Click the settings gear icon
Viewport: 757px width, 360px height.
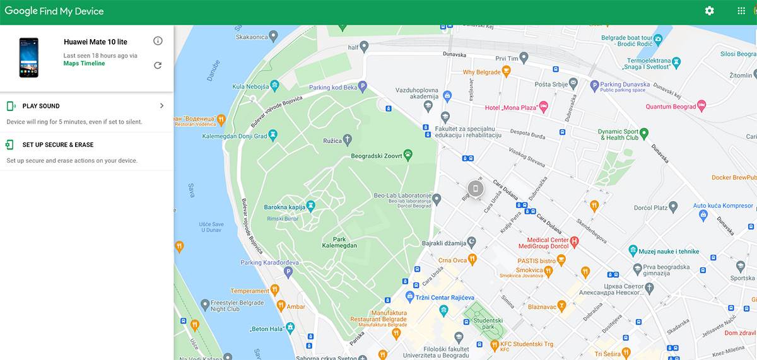pos(710,11)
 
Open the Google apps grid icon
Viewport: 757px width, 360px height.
pos(741,11)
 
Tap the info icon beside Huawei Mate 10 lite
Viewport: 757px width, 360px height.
pos(158,41)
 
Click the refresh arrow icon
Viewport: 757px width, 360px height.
pos(158,65)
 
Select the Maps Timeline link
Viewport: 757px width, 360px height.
pos(84,64)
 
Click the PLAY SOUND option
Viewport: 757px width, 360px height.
pos(41,106)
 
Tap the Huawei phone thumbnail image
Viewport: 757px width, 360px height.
pos(28,57)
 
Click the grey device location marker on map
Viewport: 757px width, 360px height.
pos(476,188)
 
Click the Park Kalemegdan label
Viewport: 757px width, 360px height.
pos(339,243)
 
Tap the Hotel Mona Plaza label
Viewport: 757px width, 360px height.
pos(510,108)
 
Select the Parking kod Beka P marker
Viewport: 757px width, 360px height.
pos(362,86)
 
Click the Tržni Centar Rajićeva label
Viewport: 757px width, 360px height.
pos(444,298)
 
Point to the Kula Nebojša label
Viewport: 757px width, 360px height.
pos(250,86)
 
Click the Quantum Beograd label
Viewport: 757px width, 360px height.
pos(671,107)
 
